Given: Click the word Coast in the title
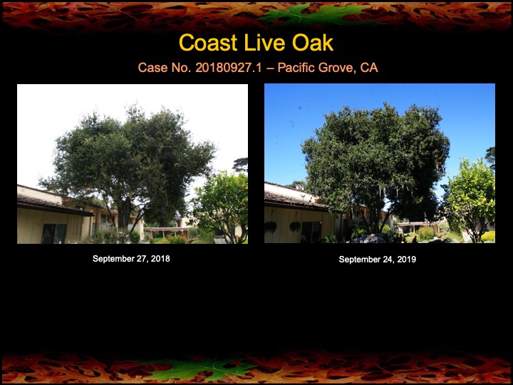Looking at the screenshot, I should point(207,43).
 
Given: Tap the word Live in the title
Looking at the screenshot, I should point(262,43).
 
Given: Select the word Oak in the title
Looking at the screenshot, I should point(311,43).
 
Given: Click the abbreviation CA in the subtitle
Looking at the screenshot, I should point(369,68).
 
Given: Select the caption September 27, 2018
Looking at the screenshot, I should point(131,259).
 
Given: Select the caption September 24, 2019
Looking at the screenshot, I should point(378,260).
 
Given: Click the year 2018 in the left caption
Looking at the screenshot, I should point(160,259).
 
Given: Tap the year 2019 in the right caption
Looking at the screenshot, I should point(407,260).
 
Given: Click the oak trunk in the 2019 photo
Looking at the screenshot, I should point(371,214).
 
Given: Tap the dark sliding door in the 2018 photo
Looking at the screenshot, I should point(53,233).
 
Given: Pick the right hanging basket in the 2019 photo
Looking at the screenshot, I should point(294,226).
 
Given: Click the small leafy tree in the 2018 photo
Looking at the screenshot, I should point(221,203).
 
